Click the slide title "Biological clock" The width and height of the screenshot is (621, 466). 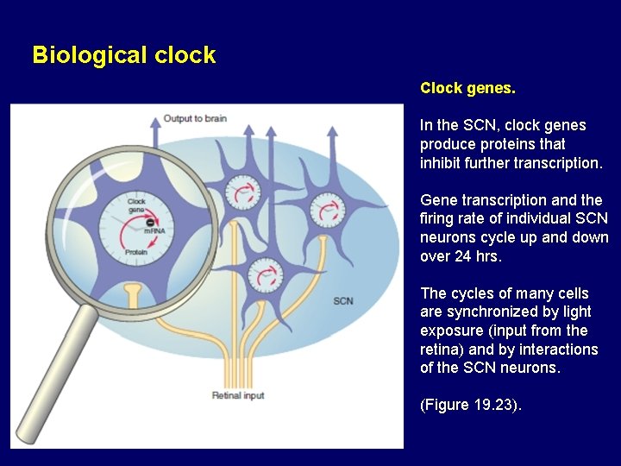pyautogui.click(x=123, y=55)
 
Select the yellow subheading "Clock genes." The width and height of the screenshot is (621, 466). pyautogui.click(x=467, y=88)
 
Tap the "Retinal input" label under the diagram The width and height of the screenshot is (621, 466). pyautogui.click(x=239, y=395)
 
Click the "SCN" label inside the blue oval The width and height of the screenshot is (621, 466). pyautogui.click(x=342, y=301)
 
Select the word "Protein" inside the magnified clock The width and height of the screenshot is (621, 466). pyautogui.click(x=135, y=252)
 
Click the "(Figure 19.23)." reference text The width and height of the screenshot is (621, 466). pyautogui.click(x=471, y=405)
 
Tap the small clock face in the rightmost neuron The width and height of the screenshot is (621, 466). pyautogui.click(x=327, y=207)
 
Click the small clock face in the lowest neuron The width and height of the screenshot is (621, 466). pyautogui.click(x=264, y=277)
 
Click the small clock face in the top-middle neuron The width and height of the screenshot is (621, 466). pyautogui.click(x=241, y=190)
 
